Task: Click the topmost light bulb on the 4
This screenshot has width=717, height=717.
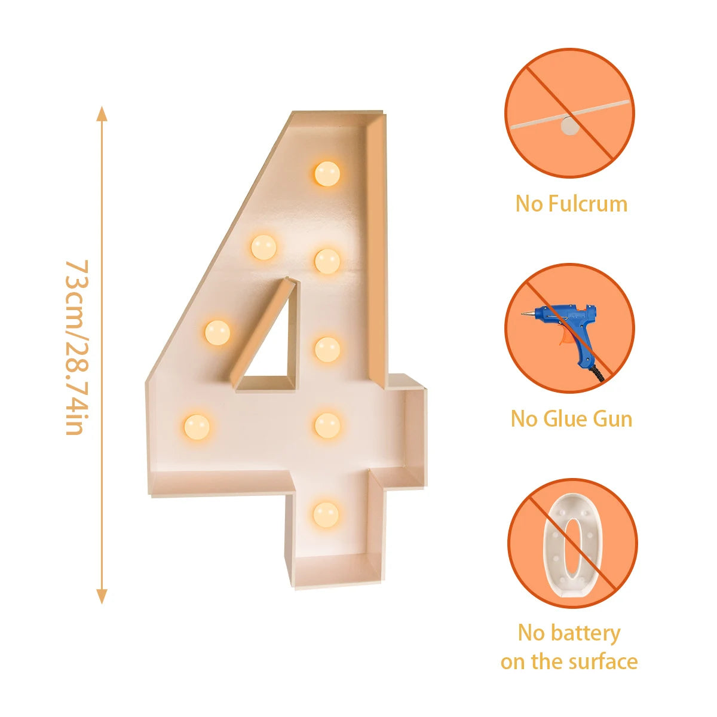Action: click(x=327, y=173)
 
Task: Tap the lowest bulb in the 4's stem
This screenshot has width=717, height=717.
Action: click(x=326, y=515)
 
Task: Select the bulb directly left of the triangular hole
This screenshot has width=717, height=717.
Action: click(x=217, y=332)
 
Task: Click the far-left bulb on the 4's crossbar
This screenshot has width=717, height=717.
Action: click(x=197, y=427)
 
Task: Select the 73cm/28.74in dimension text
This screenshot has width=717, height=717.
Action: click(x=76, y=347)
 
